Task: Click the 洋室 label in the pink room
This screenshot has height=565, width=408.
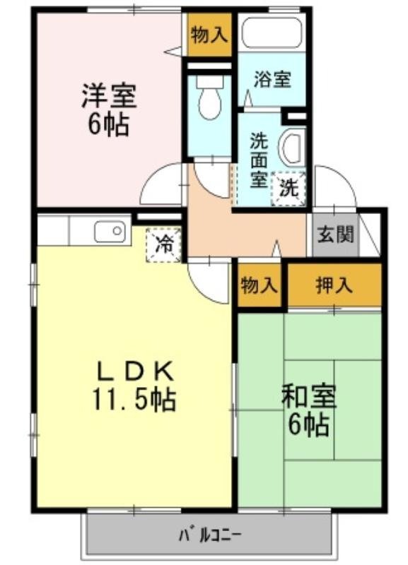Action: (108, 94)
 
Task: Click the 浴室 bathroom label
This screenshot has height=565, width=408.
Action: (272, 79)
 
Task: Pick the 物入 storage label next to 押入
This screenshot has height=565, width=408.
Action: (258, 285)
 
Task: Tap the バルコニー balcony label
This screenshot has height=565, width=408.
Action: (211, 533)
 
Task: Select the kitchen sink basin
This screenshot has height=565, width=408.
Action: (110, 231)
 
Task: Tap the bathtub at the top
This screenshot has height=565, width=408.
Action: (272, 32)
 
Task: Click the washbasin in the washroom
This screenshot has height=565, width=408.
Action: (291, 148)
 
